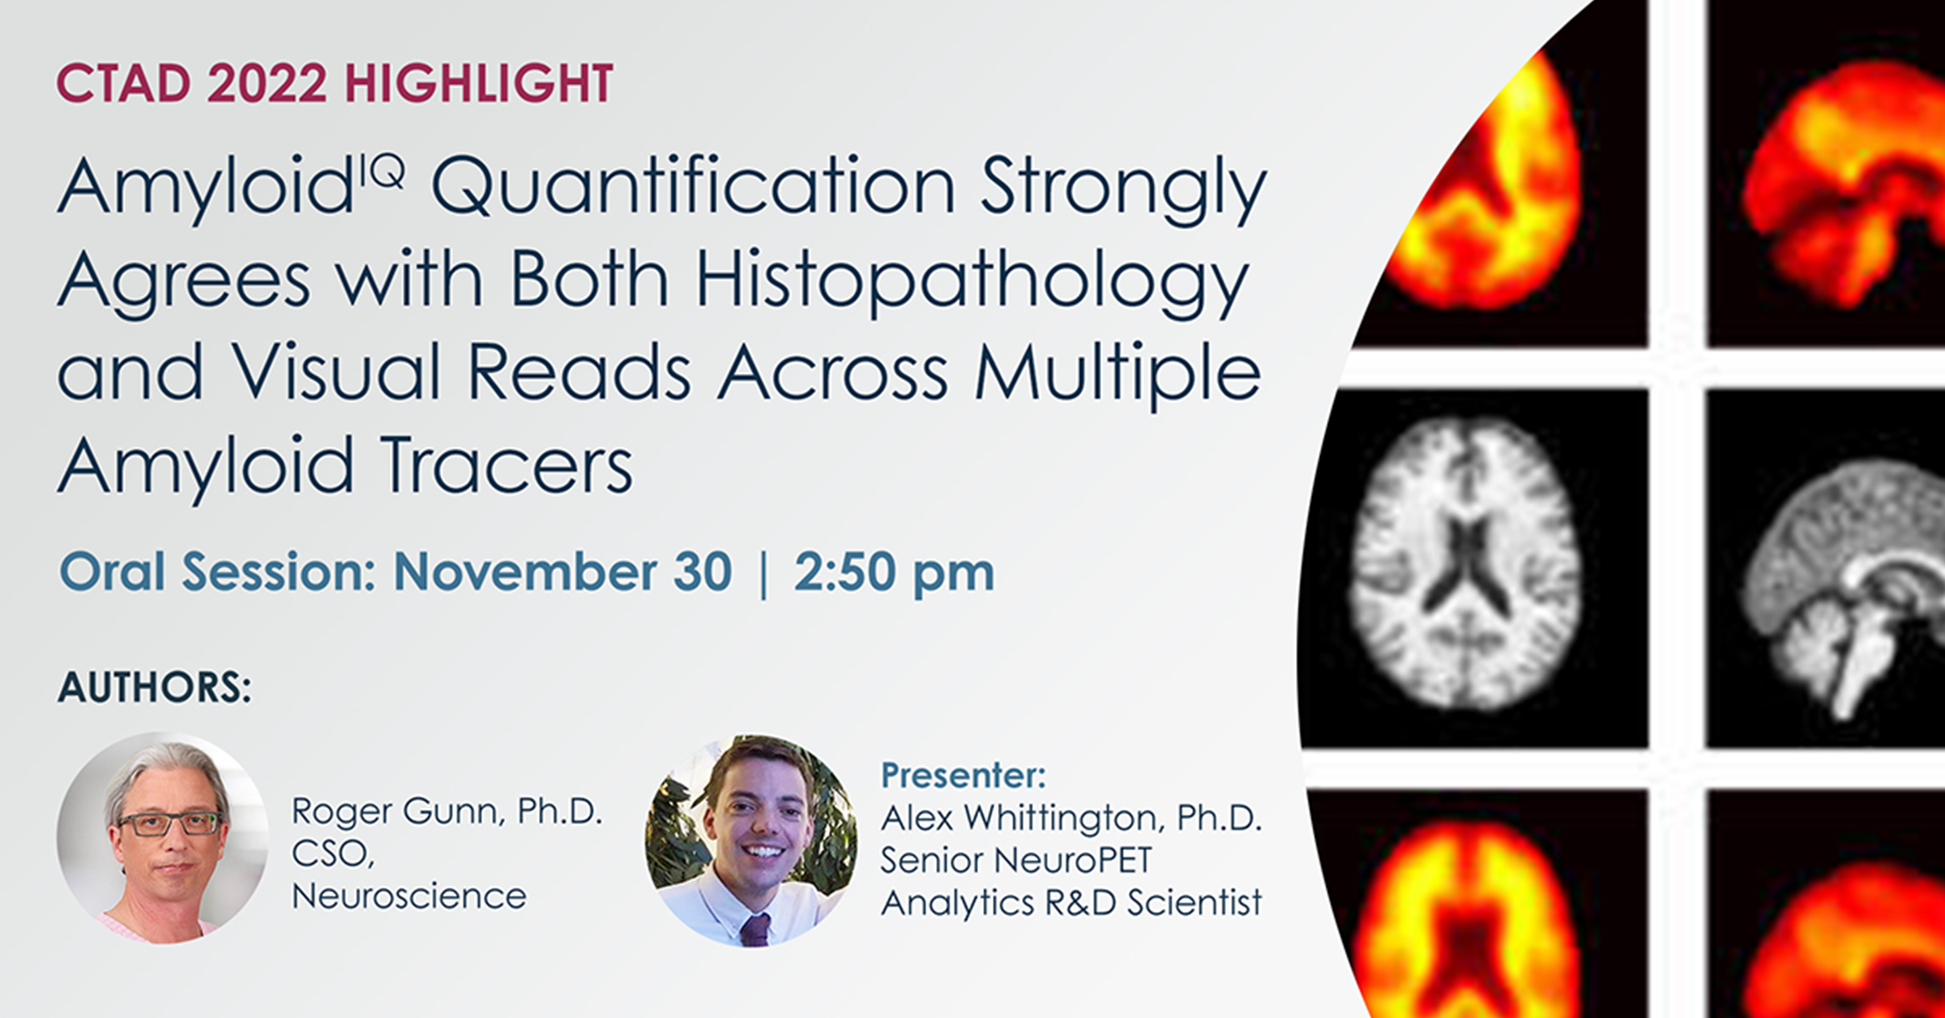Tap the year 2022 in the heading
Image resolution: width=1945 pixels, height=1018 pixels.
pyautogui.click(x=267, y=83)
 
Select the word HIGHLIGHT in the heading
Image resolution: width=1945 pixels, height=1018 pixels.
pyautogui.click(x=478, y=83)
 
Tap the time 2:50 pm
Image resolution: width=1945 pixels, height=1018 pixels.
pyautogui.click(x=894, y=572)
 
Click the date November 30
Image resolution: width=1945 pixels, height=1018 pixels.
pyautogui.click(x=562, y=572)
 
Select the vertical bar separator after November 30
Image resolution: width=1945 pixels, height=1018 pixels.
pyautogui.click(x=763, y=574)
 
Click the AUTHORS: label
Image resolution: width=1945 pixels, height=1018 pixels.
pyautogui.click(x=154, y=687)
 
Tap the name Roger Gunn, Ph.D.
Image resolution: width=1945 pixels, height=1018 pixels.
pyautogui.click(x=447, y=811)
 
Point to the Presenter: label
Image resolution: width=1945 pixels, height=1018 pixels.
pyautogui.click(x=964, y=776)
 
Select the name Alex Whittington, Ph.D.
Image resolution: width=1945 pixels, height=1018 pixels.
pyautogui.click(x=1071, y=819)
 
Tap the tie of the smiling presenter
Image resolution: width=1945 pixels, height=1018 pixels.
pyautogui.click(x=754, y=930)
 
